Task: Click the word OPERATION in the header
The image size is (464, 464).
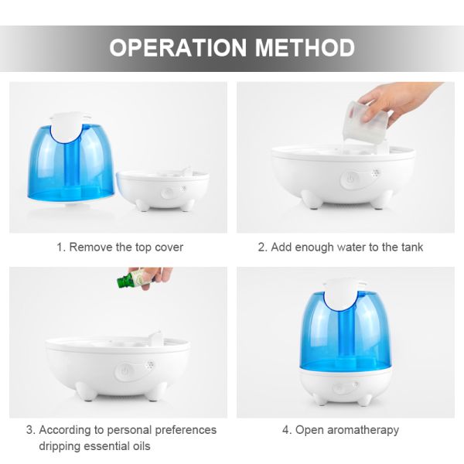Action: point(178,47)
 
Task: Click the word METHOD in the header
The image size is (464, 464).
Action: point(305,47)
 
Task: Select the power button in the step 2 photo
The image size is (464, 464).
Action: point(350,179)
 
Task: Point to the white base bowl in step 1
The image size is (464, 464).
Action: point(163,189)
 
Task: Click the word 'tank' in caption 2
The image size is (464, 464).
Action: point(412,247)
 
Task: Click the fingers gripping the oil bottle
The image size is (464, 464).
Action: point(155,277)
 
